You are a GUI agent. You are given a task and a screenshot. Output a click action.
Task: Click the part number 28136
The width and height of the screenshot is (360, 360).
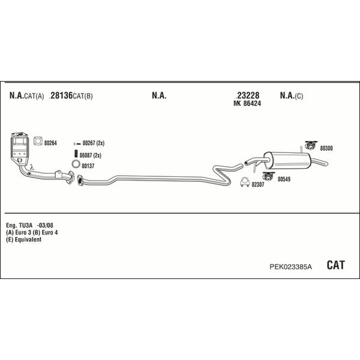point(61,95)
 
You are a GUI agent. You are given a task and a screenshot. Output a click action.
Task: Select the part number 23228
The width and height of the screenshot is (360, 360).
point(248,95)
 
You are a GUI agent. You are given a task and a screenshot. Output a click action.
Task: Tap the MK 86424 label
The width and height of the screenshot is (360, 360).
point(247,104)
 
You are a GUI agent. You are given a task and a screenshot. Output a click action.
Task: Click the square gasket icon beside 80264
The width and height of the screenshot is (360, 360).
point(38,141)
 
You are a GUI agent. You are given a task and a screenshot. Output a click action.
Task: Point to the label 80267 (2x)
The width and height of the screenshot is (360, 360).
point(94,143)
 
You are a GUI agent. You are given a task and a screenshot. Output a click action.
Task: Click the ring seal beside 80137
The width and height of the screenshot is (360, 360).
point(76,164)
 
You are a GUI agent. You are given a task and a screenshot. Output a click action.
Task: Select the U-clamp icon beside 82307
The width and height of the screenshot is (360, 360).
point(245,182)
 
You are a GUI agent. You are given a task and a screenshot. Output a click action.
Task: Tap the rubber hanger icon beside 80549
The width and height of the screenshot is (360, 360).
point(269,176)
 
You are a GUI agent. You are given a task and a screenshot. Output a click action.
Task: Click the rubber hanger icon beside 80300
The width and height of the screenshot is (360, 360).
point(311,145)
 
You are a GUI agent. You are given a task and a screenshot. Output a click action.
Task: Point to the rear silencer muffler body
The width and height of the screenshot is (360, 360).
point(287,160)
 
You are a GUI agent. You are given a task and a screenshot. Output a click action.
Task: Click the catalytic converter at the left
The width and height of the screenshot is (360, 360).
point(20,148)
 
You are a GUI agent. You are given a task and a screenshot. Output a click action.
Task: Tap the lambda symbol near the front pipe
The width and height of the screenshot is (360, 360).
point(32,167)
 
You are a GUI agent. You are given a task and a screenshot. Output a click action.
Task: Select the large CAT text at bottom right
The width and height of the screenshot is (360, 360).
point(335,265)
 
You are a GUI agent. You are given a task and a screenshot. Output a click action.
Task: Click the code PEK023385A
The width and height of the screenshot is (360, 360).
point(290,267)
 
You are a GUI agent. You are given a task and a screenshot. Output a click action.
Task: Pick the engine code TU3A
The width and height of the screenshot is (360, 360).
point(26,225)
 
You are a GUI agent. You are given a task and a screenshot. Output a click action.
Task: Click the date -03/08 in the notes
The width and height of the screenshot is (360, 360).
point(45,225)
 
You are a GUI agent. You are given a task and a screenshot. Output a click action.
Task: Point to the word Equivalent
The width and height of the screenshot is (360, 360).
point(28,239)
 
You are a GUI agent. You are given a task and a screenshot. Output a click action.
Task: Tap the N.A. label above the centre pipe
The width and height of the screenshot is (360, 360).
point(159,95)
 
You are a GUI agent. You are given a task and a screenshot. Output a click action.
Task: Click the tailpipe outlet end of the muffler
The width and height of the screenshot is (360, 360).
point(326,163)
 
